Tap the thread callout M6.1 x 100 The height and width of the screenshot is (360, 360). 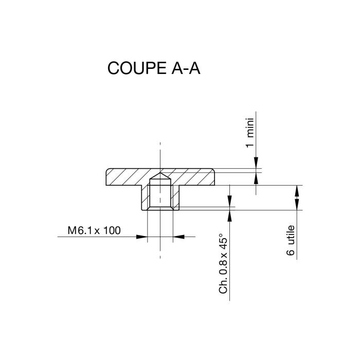(95, 230)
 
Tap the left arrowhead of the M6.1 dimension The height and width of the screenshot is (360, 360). (142, 237)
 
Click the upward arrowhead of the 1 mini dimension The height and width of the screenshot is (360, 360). (256, 177)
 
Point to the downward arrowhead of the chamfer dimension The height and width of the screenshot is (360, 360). (230, 201)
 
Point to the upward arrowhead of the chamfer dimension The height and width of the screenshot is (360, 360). (230, 213)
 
